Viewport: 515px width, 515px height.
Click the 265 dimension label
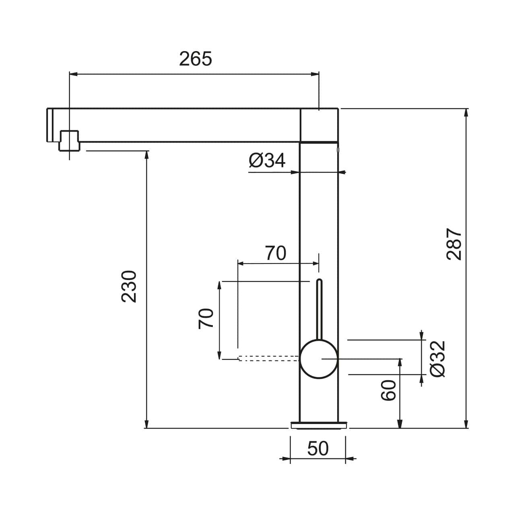[x=195, y=59]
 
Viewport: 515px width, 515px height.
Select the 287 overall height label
[x=455, y=244]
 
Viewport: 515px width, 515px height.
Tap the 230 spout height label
[x=130, y=286]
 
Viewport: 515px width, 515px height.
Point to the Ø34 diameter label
[x=267, y=161]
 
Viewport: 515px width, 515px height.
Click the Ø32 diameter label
[x=438, y=358]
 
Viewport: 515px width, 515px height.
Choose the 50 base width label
[x=318, y=449]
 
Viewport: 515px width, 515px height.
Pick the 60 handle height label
[x=389, y=390]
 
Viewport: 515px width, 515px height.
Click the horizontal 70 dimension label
[x=276, y=253]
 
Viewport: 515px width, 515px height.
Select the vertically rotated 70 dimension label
[x=206, y=319]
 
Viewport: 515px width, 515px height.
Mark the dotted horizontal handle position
[x=269, y=358]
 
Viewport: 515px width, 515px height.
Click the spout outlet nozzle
[x=69, y=141]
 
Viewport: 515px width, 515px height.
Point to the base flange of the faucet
[x=318, y=424]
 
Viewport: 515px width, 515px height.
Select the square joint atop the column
[x=319, y=125]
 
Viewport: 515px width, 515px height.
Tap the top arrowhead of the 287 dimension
[x=466, y=113]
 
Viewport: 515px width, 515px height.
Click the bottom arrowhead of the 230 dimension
[x=147, y=424]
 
